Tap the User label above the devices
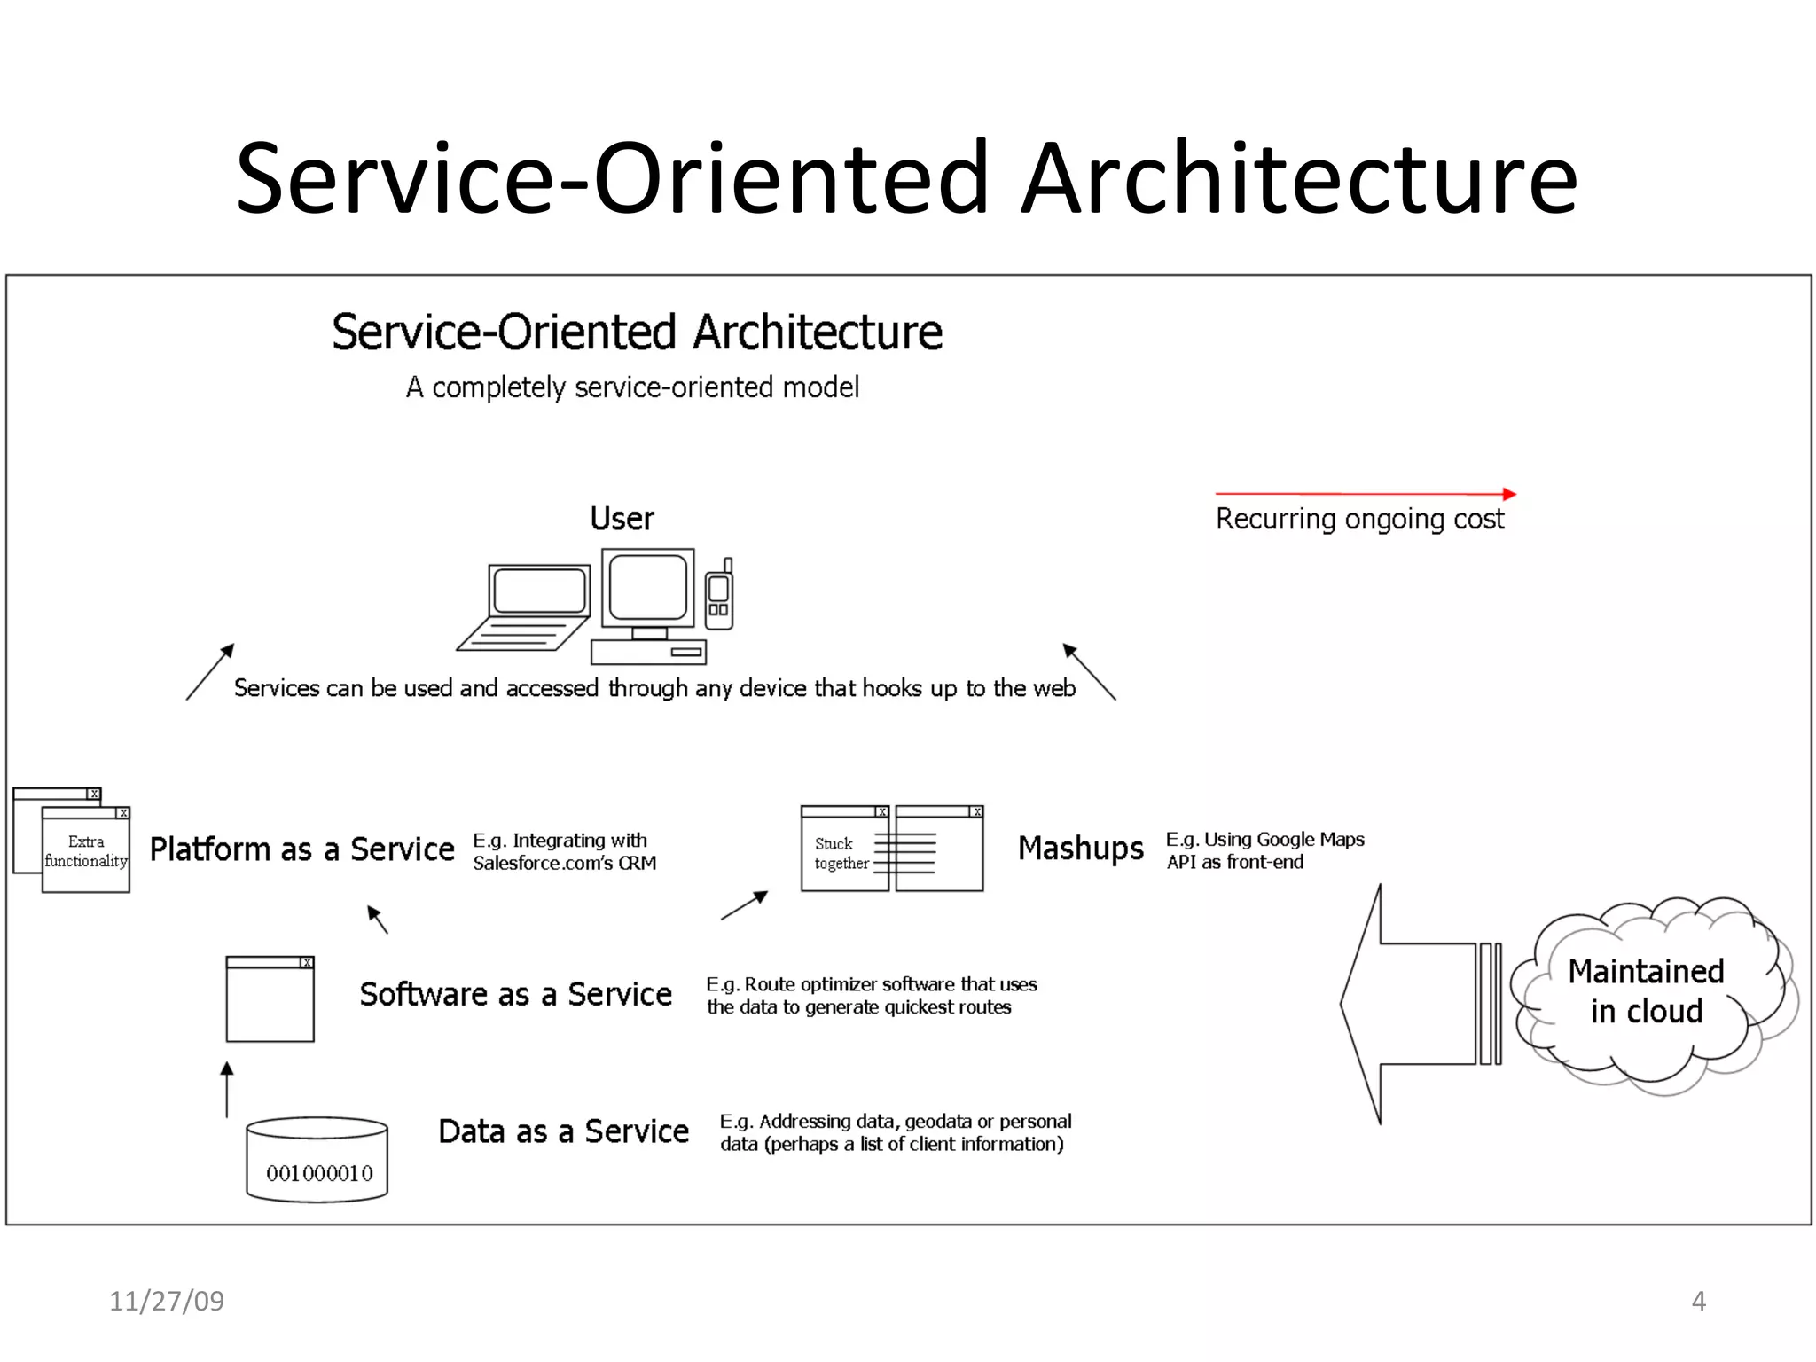tap(622, 519)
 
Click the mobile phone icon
tap(719, 595)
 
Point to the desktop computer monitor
tap(648, 587)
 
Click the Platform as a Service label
tap(301, 849)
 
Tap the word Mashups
tap(1080, 849)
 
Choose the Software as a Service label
tap(515, 994)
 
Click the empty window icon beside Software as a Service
tap(270, 999)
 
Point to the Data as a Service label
tap(563, 1131)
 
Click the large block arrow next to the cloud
tap(1419, 1004)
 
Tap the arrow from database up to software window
tap(227, 1090)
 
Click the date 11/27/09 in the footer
tap(167, 1301)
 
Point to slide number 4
tap(1698, 1301)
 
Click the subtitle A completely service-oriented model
tap(632, 387)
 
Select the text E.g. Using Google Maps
tap(1264, 839)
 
